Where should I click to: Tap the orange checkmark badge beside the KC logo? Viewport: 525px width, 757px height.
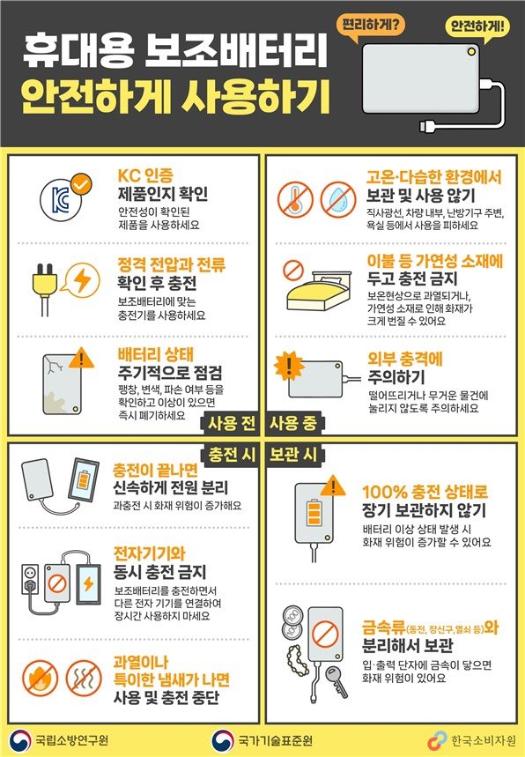click(x=80, y=184)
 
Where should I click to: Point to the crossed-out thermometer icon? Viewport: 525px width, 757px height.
click(x=295, y=199)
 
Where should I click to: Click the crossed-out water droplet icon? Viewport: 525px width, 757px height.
click(x=338, y=199)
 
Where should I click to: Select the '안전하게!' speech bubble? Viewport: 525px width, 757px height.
click(x=477, y=27)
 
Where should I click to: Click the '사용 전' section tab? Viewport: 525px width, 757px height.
click(x=231, y=423)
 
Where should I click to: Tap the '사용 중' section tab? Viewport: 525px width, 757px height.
click(x=293, y=423)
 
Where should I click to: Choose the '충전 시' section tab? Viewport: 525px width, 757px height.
click(x=231, y=455)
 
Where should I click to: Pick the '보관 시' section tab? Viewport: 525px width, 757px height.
click(x=293, y=455)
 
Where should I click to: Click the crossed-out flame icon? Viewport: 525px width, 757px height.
click(x=40, y=679)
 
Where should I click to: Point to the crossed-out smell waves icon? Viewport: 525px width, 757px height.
click(x=84, y=679)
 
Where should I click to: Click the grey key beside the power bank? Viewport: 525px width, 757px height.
click(x=336, y=680)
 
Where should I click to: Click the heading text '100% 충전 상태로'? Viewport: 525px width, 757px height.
click(x=425, y=492)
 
